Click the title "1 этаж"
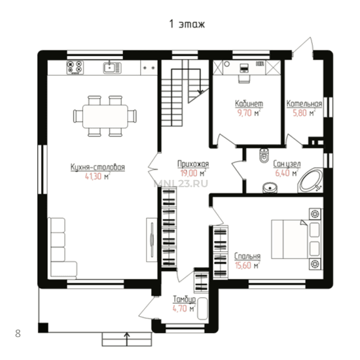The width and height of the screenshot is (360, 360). click(x=187, y=24)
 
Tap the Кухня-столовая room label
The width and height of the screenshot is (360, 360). click(x=98, y=167)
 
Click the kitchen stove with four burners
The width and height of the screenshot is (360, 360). click(x=75, y=67)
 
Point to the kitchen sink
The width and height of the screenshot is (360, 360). click(x=112, y=67)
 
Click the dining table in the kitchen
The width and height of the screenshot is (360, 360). click(x=105, y=117)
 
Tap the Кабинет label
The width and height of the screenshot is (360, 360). click(x=249, y=104)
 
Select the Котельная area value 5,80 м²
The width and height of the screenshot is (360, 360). click(x=304, y=113)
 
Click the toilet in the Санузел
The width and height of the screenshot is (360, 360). click(x=264, y=155)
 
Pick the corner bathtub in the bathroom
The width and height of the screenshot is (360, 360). click(x=310, y=180)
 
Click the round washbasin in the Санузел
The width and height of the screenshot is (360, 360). click(x=270, y=188)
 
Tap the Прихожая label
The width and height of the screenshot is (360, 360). click(x=193, y=164)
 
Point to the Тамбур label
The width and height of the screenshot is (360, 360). click(x=184, y=299)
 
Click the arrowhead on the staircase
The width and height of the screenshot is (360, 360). click(x=200, y=92)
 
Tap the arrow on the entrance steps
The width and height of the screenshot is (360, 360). click(x=127, y=339)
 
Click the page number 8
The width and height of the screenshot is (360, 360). click(x=18, y=333)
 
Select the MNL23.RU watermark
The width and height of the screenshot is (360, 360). click(x=181, y=183)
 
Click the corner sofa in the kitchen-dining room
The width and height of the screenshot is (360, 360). click(x=62, y=247)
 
